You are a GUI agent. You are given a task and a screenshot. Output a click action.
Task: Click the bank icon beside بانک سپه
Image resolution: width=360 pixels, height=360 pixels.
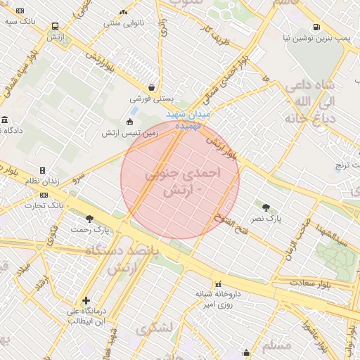point(19,11)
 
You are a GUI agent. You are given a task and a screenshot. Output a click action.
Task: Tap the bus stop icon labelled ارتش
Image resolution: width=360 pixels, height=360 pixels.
point(55,27)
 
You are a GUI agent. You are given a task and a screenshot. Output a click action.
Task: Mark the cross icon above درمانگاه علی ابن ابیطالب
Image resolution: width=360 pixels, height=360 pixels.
point(86,300)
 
